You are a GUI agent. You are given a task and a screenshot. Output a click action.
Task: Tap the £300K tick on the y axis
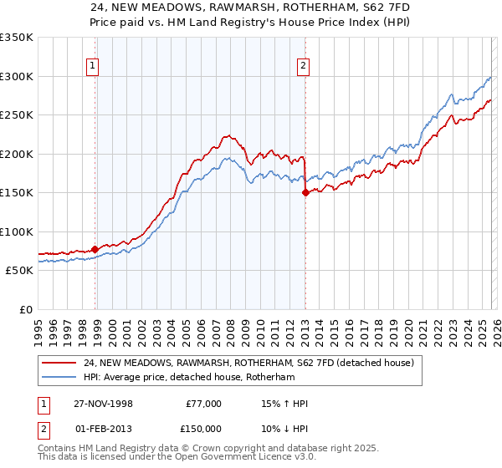point(17,76)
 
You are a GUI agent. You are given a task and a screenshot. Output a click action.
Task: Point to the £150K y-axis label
point(17,192)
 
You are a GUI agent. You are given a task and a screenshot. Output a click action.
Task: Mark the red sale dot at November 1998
point(95,249)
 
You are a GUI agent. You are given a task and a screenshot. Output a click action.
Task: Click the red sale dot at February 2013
point(305,192)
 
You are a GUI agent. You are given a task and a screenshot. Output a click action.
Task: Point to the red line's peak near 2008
point(227,135)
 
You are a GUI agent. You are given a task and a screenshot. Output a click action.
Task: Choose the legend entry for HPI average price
point(193,376)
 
